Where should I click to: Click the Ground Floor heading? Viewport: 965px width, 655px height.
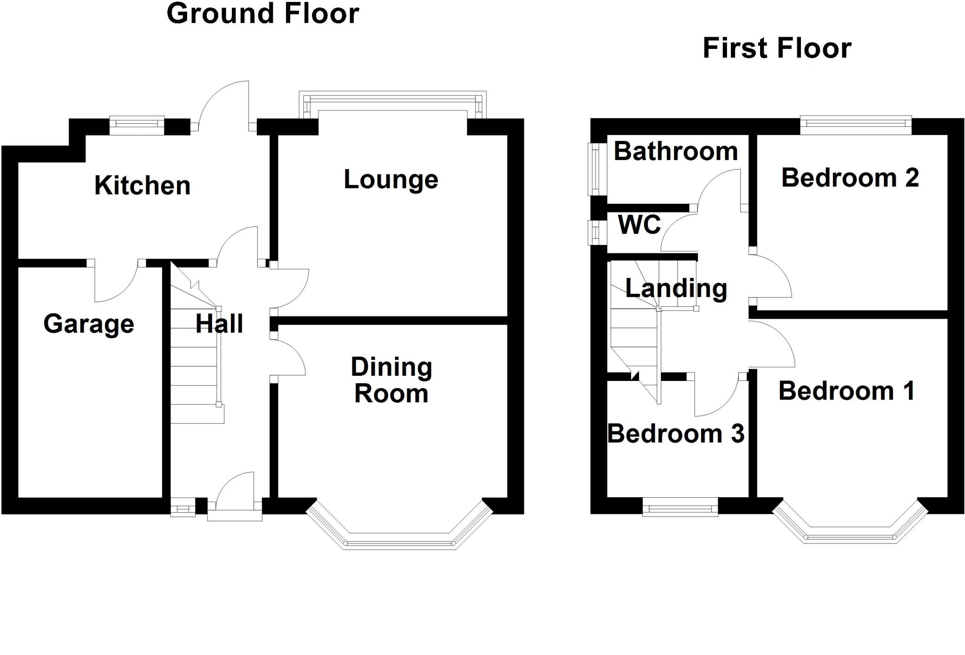click(x=263, y=14)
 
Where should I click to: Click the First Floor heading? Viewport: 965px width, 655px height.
click(x=777, y=49)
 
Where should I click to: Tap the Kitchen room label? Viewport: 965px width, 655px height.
click(x=142, y=186)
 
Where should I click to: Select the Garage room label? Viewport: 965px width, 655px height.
click(x=89, y=324)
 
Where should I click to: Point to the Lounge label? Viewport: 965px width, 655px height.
click(x=391, y=180)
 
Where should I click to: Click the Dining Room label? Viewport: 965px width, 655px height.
click(x=391, y=380)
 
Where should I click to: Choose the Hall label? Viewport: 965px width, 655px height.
click(x=219, y=324)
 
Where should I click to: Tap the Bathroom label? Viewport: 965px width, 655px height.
click(x=676, y=152)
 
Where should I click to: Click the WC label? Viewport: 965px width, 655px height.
click(x=639, y=225)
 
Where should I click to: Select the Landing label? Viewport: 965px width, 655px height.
click(x=676, y=288)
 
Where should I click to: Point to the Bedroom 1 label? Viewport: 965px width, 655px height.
click(x=846, y=391)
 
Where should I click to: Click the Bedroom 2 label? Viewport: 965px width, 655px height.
click(x=850, y=178)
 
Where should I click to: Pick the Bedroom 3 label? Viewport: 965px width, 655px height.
click(x=676, y=434)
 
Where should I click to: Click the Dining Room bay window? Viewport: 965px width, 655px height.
click(x=400, y=542)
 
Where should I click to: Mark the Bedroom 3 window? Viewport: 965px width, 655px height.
click(x=680, y=509)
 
